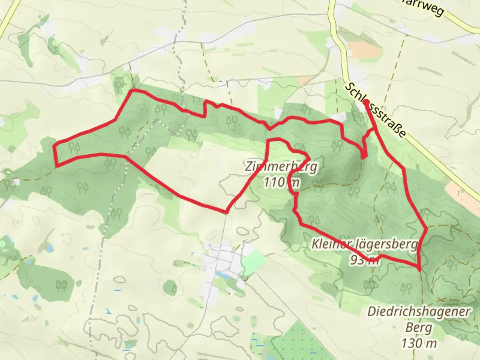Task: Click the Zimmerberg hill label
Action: tap(281, 166)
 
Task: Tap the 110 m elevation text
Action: tap(281, 182)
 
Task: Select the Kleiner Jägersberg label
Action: tap(364, 244)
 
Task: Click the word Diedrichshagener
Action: tap(419, 312)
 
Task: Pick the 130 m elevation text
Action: tap(419, 343)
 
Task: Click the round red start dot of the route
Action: tap(366, 102)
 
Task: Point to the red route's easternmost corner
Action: tap(426, 228)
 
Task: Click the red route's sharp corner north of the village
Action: tap(226, 212)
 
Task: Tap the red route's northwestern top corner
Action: tap(133, 91)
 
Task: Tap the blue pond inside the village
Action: tap(221, 275)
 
